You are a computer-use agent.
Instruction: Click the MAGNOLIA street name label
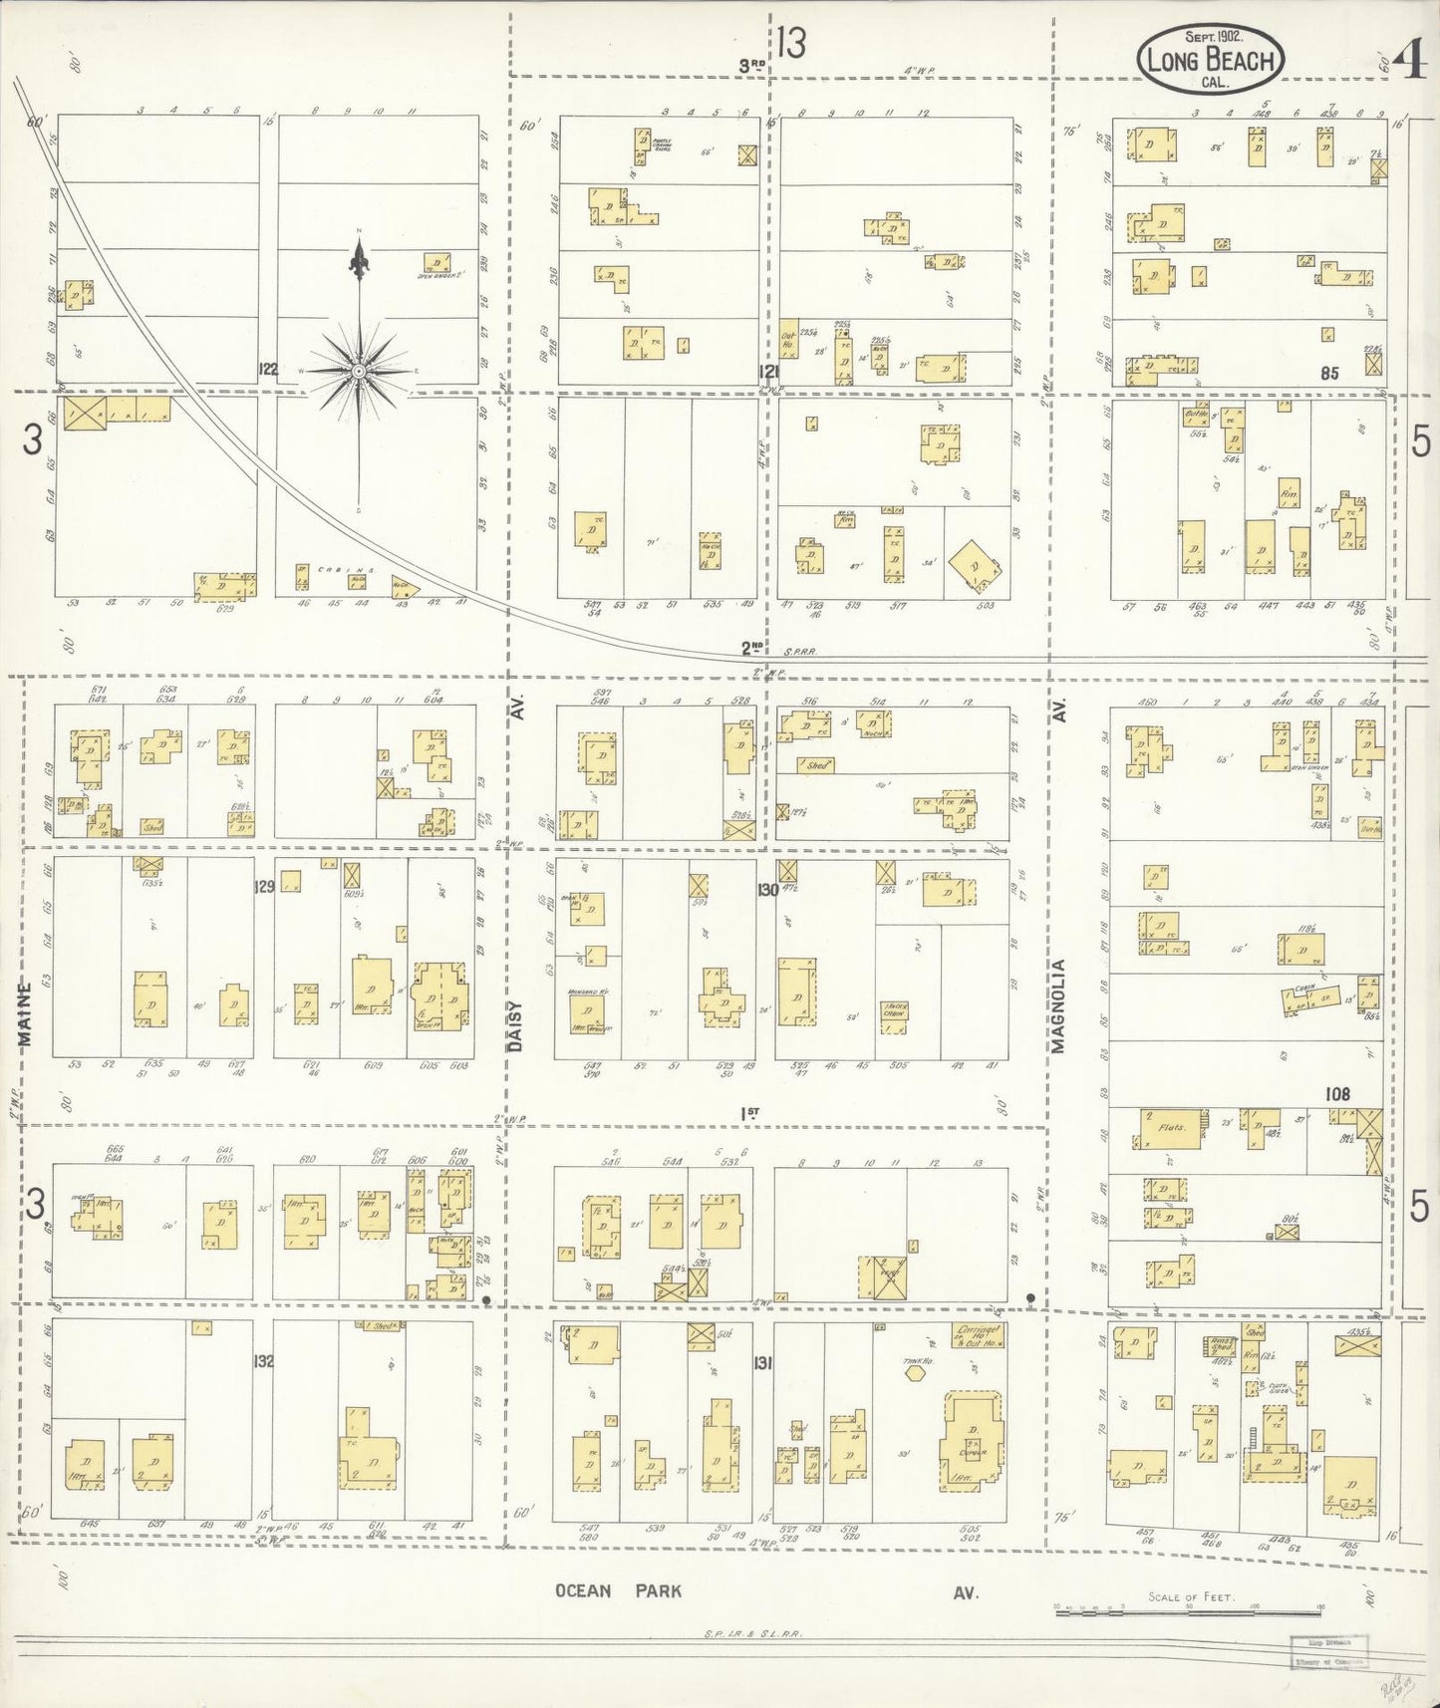pyautogui.click(x=1058, y=1005)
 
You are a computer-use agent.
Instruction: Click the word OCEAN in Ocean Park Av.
pyautogui.click(x=583, y=1590)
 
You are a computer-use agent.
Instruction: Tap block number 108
pyautogui.click(x=1336, y=1094)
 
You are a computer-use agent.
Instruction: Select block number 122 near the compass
pyautogui.click(x=266, y=368)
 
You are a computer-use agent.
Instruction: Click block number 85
pyautogui.click(x=1327, y=374)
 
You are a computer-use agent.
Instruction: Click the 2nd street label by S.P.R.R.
pyautogui.click(x=751, y=647)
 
